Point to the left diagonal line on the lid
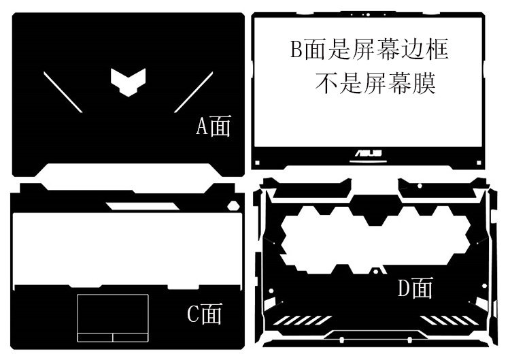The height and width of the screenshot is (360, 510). (x=63, y=91)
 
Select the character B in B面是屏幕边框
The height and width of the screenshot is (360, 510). (x=296, y=50)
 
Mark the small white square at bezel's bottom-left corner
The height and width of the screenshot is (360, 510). (x=256, y=162)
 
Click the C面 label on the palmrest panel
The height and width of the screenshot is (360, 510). (x=204, y=314)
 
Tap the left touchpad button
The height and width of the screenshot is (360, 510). (x=95, y=337)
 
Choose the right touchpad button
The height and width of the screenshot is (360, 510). (x=131, y=337)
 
